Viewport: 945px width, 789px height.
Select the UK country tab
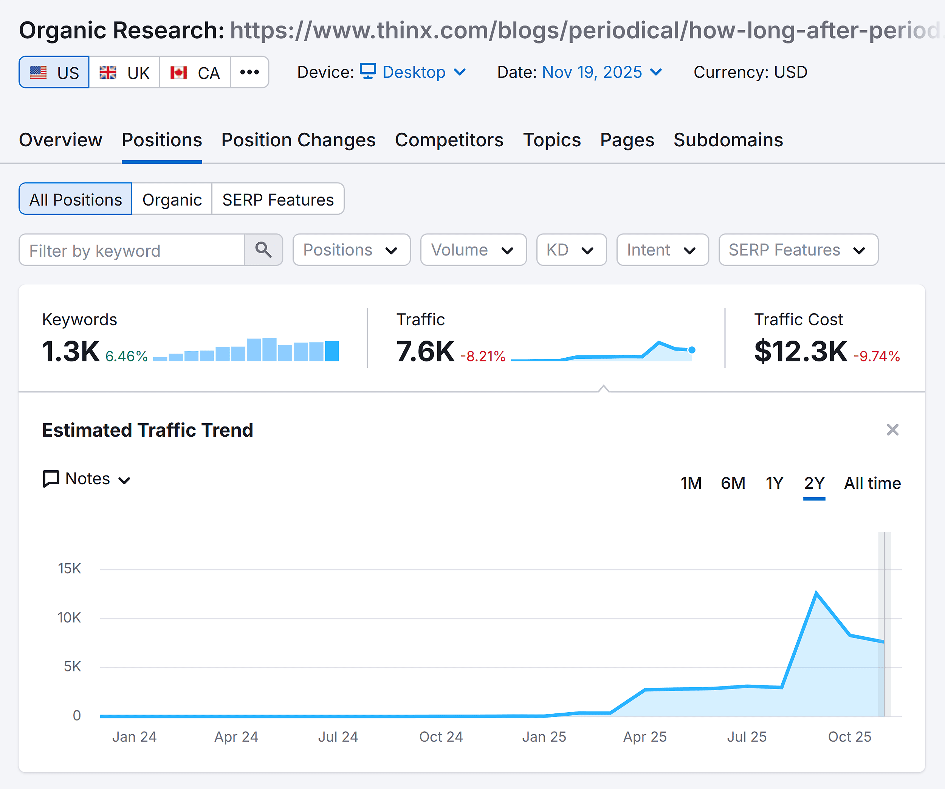(124, 73)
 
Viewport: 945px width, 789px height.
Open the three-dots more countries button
(249, 72)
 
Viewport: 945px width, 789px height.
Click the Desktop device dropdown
(413, 72)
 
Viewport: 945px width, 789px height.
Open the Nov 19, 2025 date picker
(602, 72)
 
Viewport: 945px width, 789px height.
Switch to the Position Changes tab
(298, 140)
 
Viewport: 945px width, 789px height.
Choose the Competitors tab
(449, 140)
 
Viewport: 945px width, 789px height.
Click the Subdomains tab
(728, 140)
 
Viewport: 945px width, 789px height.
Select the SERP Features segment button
(278, 199)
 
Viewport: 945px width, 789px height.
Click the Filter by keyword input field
(132, 250)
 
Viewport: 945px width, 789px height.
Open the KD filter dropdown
(571, 250)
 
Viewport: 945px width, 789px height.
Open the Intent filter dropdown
(662, 250)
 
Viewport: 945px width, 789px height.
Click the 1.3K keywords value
(71, 351)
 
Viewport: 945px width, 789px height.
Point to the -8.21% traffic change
(482, 357)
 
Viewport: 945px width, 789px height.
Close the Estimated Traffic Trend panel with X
(892, 430)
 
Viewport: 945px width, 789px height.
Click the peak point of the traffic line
(816, 593)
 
